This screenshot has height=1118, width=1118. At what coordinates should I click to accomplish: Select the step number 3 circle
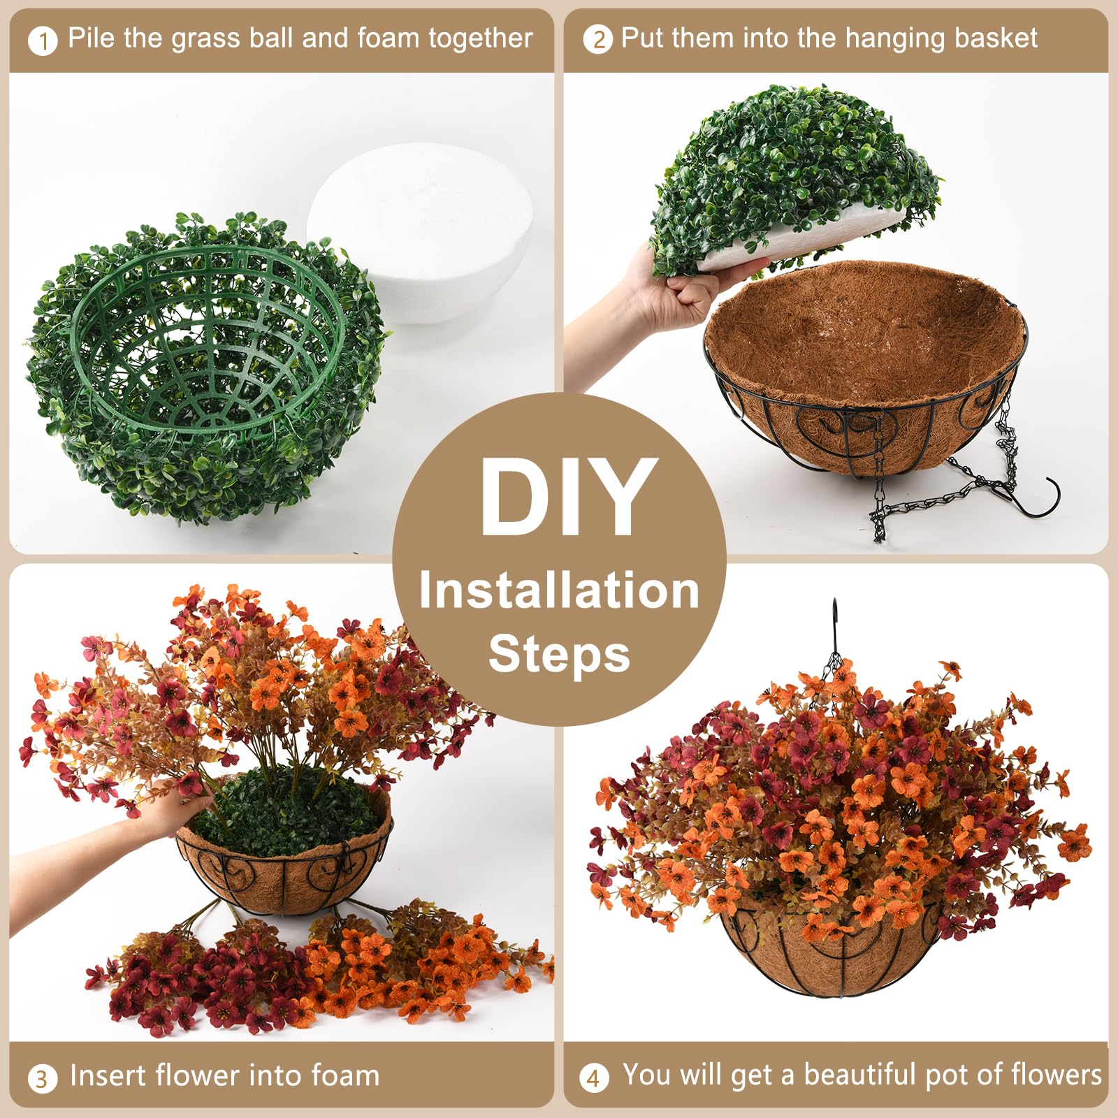(x=42, y=1079)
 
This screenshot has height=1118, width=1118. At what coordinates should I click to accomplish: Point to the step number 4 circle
(x=593, y=1078)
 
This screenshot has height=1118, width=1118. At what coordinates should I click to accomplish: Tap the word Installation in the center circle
(x=559, y=590)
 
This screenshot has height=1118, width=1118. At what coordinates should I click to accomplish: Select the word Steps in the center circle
(x=559, y=654)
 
